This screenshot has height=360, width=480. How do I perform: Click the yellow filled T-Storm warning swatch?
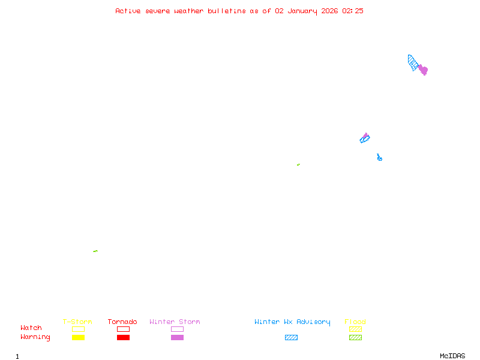[x=78, y=337]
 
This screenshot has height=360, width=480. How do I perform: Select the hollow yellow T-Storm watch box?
[x=78, y=329]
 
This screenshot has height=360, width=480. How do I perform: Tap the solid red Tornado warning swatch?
[x=123, y=337]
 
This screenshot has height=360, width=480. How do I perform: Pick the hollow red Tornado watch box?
[x=123, y=329]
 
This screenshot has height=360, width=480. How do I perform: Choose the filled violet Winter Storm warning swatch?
[x=177, y=337]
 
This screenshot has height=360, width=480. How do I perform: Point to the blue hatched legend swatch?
[x=291, y=337]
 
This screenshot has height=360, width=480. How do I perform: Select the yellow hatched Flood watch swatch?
[x=355, y=329]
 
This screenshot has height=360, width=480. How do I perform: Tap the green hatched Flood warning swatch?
[x=355, y=337]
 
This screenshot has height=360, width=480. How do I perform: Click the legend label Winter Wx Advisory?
[x=292, y=322]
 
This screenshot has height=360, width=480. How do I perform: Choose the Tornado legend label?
[x=122, y=322]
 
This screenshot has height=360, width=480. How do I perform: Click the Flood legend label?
[x=355, y=322]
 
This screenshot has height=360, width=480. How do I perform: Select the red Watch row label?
[x=31, y=328]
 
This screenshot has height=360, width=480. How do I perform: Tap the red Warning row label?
[x=35, y=337]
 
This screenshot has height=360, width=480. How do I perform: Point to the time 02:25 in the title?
[x=353, y=11]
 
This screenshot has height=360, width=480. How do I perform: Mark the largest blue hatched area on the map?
[x=413, y=62]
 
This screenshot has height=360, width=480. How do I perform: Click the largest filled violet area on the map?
[x=423, y=70]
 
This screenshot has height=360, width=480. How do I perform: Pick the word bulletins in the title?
[x=227, y=11]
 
